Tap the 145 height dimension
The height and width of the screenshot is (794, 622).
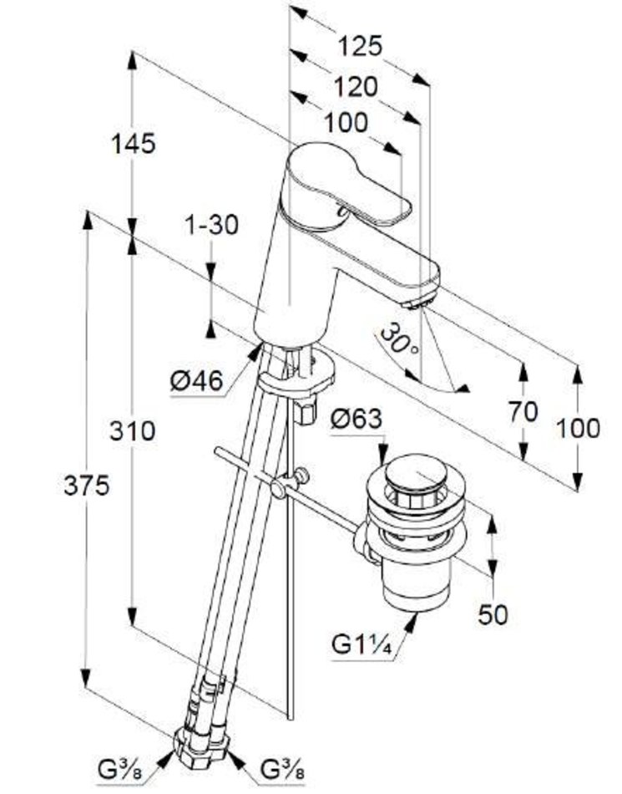click(134, 143)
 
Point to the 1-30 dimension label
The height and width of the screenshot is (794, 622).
click(211, 224)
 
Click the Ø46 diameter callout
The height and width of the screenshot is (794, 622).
click(197, 381)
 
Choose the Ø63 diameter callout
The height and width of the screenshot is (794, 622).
click(357, 420)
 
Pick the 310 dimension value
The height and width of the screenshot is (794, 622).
click(134, 430)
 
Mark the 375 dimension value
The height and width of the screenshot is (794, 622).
click(87, 486)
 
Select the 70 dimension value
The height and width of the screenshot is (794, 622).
click(523, 412)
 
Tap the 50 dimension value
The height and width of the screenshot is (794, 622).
click(493, 614)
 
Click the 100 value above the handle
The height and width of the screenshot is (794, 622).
click(346, 122)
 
